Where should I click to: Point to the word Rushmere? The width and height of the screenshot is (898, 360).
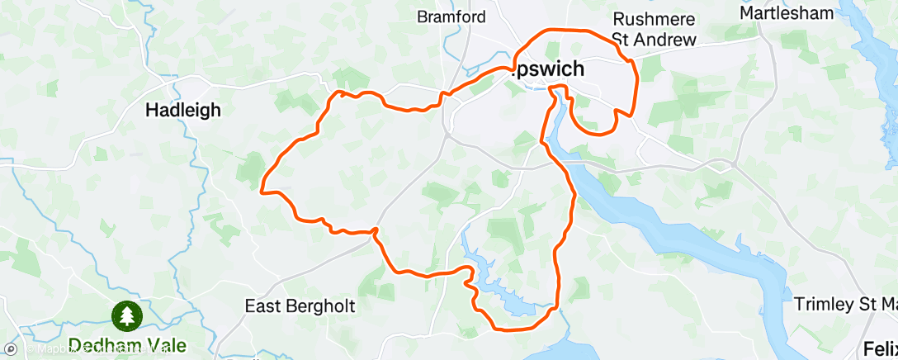point(654,19)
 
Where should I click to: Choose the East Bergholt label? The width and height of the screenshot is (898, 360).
point(300,306)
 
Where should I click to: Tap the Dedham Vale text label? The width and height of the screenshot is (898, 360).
point(127,345)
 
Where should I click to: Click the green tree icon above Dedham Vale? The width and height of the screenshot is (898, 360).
point(127,315)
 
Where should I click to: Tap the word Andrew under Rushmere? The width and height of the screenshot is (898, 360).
point(666,39)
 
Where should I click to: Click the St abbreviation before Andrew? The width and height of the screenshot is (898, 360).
point(622,39)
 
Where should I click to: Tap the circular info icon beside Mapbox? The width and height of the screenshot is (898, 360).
point(9,350)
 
